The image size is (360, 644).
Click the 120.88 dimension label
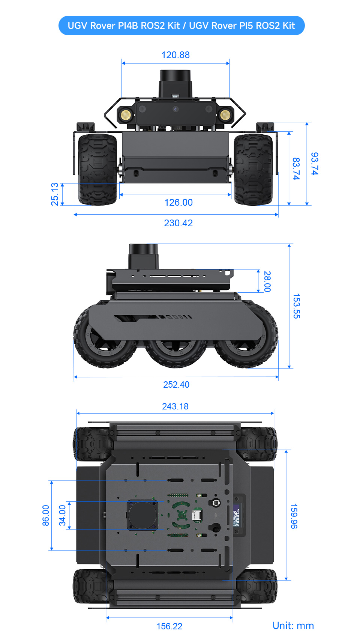coord(175,55)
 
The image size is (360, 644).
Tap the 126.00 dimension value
coord(178,203)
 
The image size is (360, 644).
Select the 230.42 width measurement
coord(178,223)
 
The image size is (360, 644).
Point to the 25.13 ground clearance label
coord(55,194)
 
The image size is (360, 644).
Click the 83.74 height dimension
coord(296,169)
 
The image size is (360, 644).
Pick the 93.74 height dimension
coord(315,164)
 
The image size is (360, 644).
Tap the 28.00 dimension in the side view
coord(267,281)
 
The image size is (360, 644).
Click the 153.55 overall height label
coord(296,306)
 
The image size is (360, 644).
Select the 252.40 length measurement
coord(176,385)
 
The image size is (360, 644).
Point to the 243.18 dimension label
coord(175,406)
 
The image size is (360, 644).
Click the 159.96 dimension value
coord(294,516)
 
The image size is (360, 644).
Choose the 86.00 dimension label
coord(46,515)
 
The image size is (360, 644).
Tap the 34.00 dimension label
coord(62,515)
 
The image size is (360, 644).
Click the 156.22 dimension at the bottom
coord(169,626)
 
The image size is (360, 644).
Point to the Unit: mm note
coord(293,626)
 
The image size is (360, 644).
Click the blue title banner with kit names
coord(181,26)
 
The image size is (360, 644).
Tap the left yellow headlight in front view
coord(126,114)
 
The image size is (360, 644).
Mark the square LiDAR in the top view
coord(142,515)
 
